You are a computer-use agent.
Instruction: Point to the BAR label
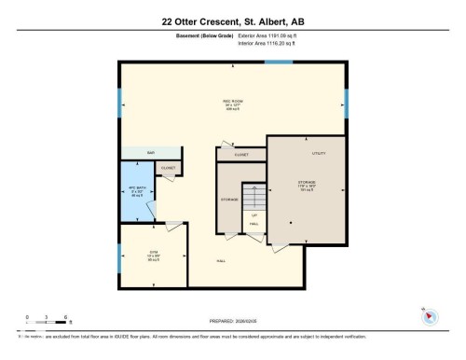point(149,152)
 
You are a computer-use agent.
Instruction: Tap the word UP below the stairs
point(254,215)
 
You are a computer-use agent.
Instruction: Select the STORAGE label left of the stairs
point(229,199)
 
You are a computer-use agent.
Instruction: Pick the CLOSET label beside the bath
point(168,169)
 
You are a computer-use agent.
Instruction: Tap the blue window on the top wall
point(278,62)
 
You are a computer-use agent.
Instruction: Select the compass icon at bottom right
point(430,315)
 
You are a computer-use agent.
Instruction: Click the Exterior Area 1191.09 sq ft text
point(272,35)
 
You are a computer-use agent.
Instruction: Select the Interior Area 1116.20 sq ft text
point(271,42)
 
